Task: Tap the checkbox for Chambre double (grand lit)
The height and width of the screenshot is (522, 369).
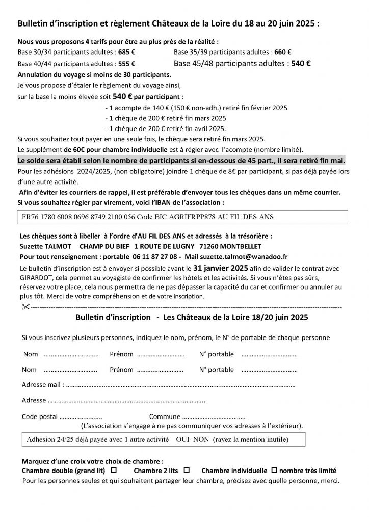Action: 113,471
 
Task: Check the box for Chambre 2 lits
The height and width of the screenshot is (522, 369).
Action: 187,471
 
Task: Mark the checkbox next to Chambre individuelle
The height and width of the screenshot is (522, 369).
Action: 274,471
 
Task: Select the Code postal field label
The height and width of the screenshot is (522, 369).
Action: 40,416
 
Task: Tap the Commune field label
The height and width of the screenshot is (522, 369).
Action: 165,416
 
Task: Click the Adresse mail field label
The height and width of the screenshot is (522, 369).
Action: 43,384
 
